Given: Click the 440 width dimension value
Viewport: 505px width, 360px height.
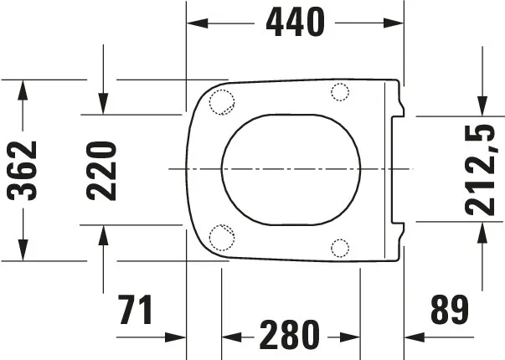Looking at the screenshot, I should click(x=295, y=23).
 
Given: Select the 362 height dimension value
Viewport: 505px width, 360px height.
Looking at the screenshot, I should click(x=23, y=170).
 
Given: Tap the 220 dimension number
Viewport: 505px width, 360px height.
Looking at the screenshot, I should click(x=101, y=170).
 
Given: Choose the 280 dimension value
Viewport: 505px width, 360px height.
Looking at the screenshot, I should click(x=290, y=336).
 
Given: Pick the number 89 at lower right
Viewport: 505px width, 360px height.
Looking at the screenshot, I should click(x=450, y=310).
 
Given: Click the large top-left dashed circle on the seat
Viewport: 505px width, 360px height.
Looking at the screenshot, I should click(x=221, y=101).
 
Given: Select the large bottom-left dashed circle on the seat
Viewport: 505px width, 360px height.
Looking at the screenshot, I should click(x=221, y=239).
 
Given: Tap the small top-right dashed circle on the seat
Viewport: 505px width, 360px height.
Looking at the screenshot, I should click(x=340, y=91).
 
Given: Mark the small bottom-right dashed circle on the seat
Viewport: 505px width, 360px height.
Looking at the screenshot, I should click(x=340, y=248).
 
